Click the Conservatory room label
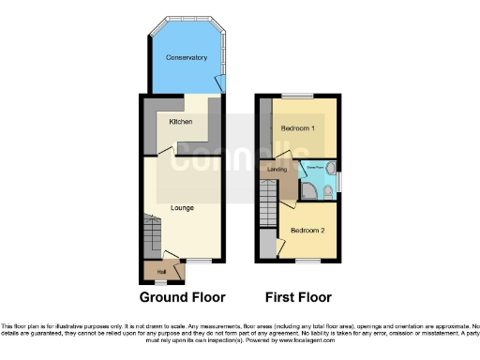point(187,58)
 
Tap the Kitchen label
point(181,122)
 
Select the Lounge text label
point(182,207)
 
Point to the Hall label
point(149,272)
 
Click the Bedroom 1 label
point(299,128)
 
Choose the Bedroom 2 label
point(306,230)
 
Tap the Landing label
point(277,170)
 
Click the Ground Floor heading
point(183,298)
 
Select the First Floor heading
point(298,298)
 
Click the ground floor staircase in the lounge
point(153,232)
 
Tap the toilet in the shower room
point(325,193)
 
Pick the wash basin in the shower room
point(333,176)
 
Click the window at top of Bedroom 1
point(299,97)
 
